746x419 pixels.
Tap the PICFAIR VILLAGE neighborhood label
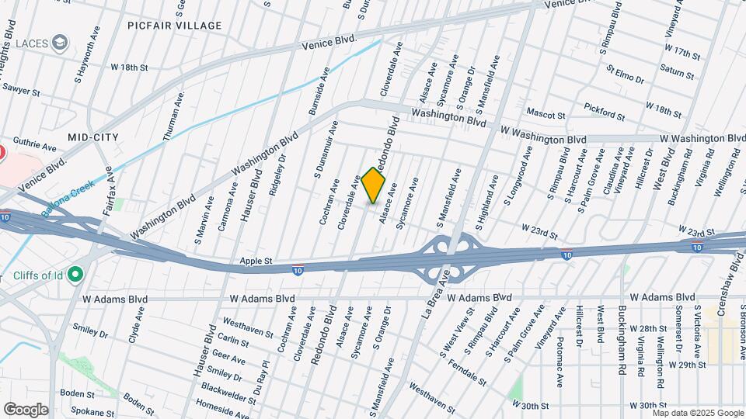pos(175,26)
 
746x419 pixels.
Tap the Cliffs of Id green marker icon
pos(75,274)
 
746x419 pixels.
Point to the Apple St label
pos(256,261)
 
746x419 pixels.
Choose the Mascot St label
pos(546,115)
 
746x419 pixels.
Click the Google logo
pos(26,409)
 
